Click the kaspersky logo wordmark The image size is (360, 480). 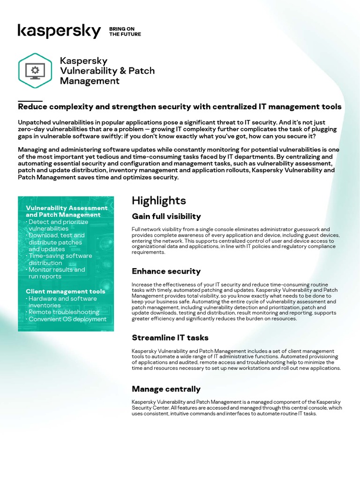(x=59, y=31)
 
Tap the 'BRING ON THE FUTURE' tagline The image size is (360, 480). (x=125, y=31)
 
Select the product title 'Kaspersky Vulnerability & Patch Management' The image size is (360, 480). (x=107, y=71)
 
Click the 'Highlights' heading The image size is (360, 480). (x=158, y=201)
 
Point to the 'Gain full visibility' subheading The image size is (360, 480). (x=166, y=217)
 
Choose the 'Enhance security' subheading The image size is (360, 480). (x=166, y=271)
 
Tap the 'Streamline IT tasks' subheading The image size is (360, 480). (x=170, y=337)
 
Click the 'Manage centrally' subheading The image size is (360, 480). (x=166, y=389)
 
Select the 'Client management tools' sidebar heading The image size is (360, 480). (x=65, y=292)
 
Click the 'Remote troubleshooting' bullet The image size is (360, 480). (x=64, y=312)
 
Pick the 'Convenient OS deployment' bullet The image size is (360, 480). (x=67, y=319)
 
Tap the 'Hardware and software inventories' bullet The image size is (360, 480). (x=62, y=302)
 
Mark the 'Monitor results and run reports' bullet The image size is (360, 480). (x=57, y=273)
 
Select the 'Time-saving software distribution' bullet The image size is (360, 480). (x=60, y=259)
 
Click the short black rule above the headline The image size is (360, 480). (x=30, y=101)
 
